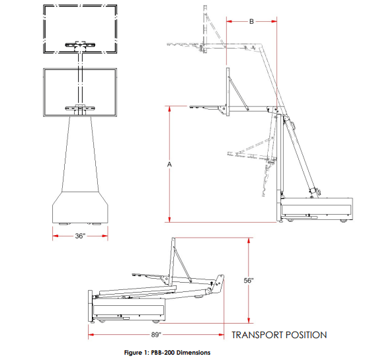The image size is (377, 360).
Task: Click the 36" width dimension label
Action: pos(80,236)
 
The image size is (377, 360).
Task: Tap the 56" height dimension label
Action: pos(249,280)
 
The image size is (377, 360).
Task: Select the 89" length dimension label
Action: pos(156,334)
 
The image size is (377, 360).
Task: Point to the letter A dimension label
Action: pos(169,164)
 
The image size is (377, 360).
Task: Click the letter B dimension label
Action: pos(251,22)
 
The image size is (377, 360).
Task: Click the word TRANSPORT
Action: pos(257,335)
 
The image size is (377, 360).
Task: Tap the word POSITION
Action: pos(306,335)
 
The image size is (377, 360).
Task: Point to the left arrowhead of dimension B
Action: pos(230,21)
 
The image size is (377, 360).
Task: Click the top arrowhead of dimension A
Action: pos(169,109)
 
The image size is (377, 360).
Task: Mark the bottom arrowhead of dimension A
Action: pos(169,219)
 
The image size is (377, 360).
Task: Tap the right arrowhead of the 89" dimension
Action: pos(221,334)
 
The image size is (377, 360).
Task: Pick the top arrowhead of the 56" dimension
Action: pos(249,240)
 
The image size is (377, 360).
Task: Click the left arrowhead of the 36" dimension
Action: pos(56,236)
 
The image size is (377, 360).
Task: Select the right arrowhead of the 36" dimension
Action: pos(105,236)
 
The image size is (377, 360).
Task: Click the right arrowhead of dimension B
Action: pos(274,21)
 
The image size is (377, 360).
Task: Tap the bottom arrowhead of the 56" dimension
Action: pos(249,320)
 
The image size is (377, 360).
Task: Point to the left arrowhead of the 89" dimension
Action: pos(91,334)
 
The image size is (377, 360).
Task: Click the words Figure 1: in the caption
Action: pos(137,353)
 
